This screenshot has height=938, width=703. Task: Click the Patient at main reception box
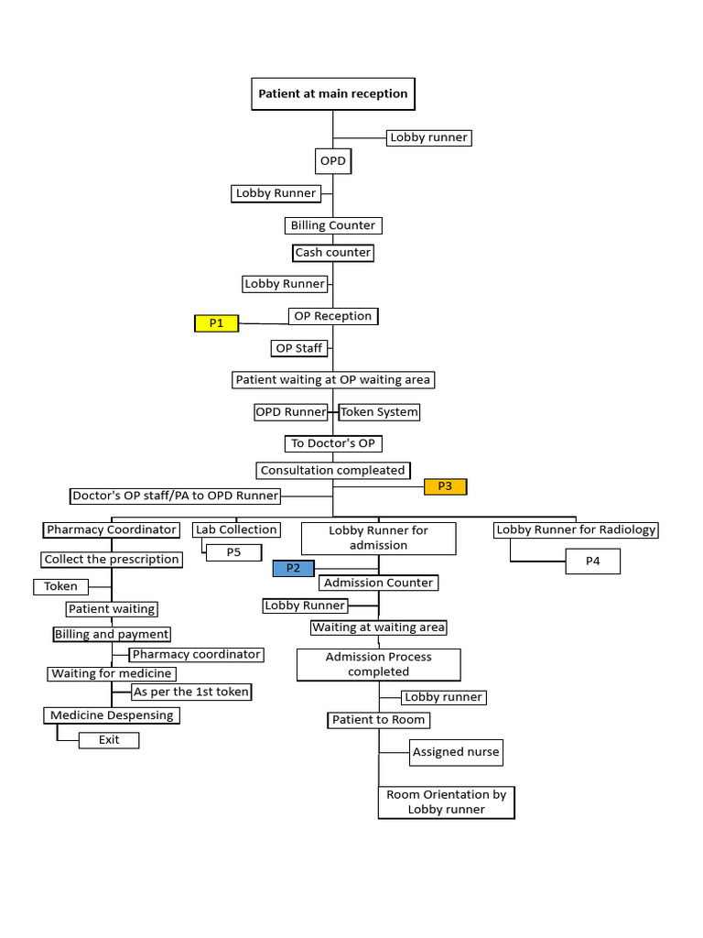point(332,93)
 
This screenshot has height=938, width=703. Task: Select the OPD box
point(332,162)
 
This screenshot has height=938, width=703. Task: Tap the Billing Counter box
point(332,225)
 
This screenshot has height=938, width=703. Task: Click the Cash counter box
point(333,253)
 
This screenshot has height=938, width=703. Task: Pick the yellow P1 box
point(216,322)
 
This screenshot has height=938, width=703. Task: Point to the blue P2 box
point(293,568)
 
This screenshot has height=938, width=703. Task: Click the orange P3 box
point(445,486)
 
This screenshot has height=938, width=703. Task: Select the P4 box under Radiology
point(593,562)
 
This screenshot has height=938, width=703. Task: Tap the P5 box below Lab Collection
point(233,552)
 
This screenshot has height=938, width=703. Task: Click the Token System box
point(379,412)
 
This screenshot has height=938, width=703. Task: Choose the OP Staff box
point(298,348)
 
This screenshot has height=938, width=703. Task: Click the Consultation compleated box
point(332,470)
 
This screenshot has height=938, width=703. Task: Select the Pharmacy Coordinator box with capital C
point(112,529)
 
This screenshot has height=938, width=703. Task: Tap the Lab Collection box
point(236,529)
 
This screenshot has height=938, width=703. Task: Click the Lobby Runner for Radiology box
point(576,529)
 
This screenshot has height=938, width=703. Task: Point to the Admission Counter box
point(378,583)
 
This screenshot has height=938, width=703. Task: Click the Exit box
point(109,740)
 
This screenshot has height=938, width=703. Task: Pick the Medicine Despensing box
point(112,715)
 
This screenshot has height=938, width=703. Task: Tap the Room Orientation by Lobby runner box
point(446,802)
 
